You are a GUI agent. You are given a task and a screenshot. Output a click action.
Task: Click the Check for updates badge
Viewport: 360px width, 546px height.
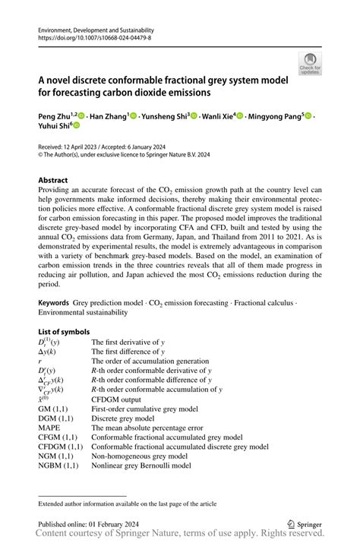click(310, 64)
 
